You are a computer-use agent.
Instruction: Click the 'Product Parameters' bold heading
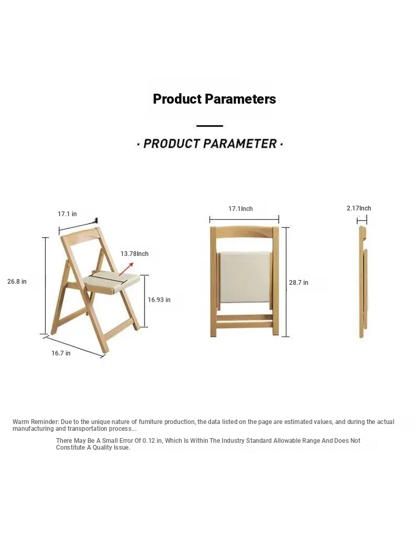(214, 99)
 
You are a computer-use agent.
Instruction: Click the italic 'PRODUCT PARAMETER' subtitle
(210, 144)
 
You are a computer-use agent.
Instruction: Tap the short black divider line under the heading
(210, 126)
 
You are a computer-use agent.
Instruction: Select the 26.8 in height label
(17, 282)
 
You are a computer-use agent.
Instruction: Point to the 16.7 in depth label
(61, 353)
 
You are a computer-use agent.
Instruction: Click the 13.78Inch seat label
(134, 254)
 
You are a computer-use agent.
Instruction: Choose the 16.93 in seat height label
(159, 299)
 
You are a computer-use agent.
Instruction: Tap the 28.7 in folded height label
(299, 283)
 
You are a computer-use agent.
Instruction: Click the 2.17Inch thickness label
(359, 208)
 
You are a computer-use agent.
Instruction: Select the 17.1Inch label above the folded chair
(240, 209)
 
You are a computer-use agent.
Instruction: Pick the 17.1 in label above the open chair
(67, 214)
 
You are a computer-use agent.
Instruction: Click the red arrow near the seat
(126, 269)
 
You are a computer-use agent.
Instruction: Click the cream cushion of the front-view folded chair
(245, 276)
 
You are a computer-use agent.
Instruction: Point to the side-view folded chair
(363, 282)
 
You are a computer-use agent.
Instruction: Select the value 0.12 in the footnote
(149, 441)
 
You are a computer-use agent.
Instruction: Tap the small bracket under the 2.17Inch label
(362, 220)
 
